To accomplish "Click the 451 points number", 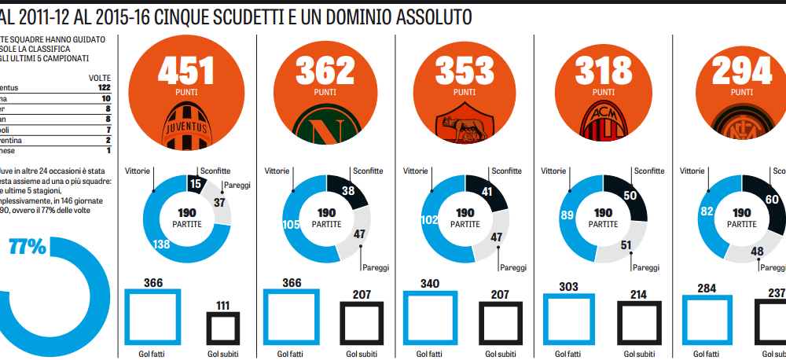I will [x=186, y=72].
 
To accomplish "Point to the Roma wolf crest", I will [x=465, y=127].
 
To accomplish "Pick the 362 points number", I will [x=325, y=72].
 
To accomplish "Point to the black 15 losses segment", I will [x=196, y=183].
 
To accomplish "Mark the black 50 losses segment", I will [x=630, y=197].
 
